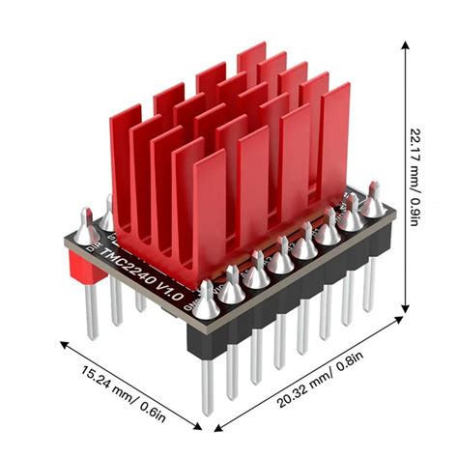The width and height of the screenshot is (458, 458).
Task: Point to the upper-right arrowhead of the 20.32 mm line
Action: (398, 324)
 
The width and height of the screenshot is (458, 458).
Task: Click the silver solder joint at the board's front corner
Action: (205, 307)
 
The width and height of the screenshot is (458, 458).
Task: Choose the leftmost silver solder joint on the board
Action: (86, 234)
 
